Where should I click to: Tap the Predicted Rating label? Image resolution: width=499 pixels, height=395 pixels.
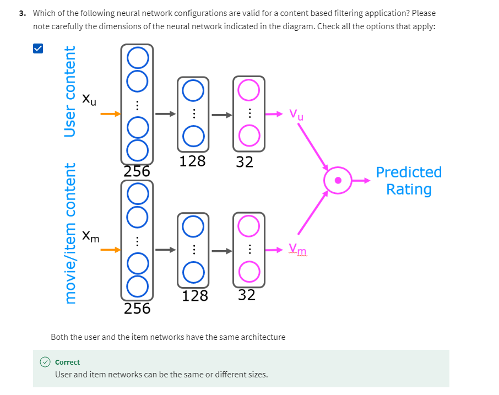click(408, 181)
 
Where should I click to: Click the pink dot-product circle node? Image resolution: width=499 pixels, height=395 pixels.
click(338, 180)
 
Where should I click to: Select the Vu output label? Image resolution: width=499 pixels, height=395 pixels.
click(296, 115)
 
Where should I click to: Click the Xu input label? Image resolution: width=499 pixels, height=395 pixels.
click(89, 100)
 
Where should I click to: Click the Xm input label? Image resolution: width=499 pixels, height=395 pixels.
click(91, 236)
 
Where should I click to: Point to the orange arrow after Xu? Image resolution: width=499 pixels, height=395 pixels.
click(110, 114)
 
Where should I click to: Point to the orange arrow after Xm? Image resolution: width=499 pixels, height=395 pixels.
click(110, 250)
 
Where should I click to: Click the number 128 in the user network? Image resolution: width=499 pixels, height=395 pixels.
click(193, 161)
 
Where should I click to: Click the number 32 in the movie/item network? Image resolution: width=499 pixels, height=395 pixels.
click(247, 295)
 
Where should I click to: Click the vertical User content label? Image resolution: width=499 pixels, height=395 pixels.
click(70, 92)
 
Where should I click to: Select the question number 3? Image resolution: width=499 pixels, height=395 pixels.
click(21, 13)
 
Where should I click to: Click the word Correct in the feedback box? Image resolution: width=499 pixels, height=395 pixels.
click(67, 362)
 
